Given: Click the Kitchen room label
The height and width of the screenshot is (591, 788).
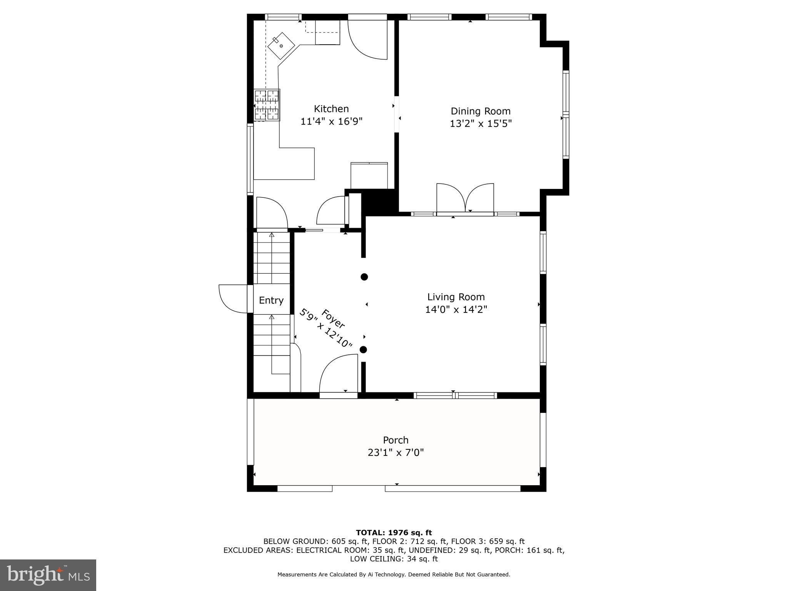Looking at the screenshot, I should pyautogui.click(x=331, y=109).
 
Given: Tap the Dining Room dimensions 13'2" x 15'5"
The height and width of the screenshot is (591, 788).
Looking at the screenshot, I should pyautogui.click(x=481, y=124).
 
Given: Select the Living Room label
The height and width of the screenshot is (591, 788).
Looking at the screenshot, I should pyautogui.click(x=456, y=297).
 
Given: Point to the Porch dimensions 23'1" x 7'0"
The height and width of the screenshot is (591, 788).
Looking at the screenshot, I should pyautogui.click(x=396, y=452).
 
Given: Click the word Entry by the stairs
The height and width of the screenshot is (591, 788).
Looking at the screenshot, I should pyautogui.click(x=271, y=300).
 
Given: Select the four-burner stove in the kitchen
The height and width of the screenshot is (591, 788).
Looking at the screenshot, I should pyautogui.click(x=267, y=105).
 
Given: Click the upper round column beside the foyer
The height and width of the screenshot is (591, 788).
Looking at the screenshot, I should pyautogui.click(x=364, y=277).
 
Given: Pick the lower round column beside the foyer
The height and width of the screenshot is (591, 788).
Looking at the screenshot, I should pyautogui.click(x=363, y=350).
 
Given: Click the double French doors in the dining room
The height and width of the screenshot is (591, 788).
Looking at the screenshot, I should pyautogui.click(x=465, y=198).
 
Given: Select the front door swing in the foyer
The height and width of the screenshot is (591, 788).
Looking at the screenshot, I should pyautogui.click(x=338, y=374).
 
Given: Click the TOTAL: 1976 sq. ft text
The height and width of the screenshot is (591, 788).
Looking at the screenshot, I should pyautogui.click(x=394, y=533).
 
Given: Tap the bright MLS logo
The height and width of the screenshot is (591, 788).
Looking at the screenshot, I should pyautogui.click(x=48, y=575).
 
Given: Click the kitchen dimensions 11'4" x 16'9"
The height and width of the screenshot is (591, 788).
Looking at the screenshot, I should pyautogui.click(x=331, y=122).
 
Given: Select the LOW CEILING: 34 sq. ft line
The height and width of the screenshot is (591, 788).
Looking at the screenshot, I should pyautogui.click(x=394, y=559).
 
